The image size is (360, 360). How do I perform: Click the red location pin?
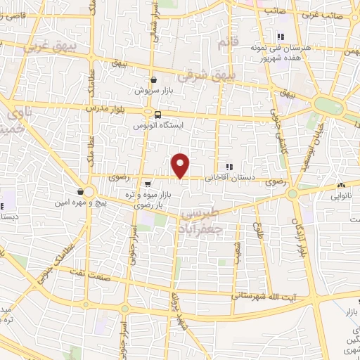pyautogui.click(x=181, y=165)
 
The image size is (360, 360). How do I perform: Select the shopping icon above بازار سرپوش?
pyautogui.click(x=154, y=79)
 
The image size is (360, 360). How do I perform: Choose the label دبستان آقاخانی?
pyautogui.click(x=229, y=179)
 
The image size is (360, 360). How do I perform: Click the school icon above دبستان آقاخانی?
pyautogui.click(x=229, y=167)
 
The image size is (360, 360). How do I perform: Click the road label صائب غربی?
pyautogui.click(x=337, y=14)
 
